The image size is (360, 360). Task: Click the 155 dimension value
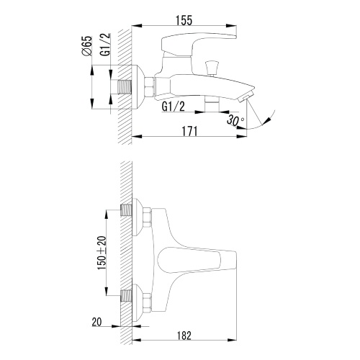click(184, 20)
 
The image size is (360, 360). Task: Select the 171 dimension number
click(189, 131)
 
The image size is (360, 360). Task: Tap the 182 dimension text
click(184, 336)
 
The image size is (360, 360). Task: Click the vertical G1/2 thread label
click(106, 45)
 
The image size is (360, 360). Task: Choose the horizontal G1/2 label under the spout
click(174, 107)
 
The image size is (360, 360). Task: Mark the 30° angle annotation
click(235, 120)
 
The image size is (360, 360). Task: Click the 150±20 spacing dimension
click(102, 253)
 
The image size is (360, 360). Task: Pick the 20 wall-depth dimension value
click(96, 322)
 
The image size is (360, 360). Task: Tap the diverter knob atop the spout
click(212, 68)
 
